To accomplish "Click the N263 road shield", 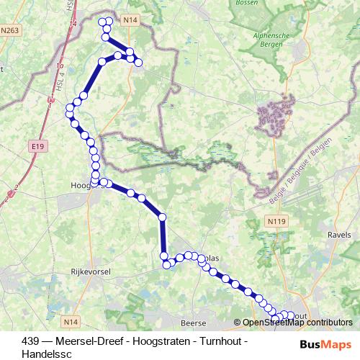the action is click(x=10, y=30).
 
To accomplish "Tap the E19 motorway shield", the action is click(x=37, y=146).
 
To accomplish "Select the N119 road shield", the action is click(x=274, y=221).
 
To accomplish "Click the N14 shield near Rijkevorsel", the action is click(x=71, y=322).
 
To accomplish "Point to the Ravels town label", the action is click(x=338, y=235).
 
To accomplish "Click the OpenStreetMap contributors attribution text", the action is click(x=297, y=323).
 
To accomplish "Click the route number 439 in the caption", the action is click(x=30, y=341).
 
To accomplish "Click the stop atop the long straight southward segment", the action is click(x=162, y=217).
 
